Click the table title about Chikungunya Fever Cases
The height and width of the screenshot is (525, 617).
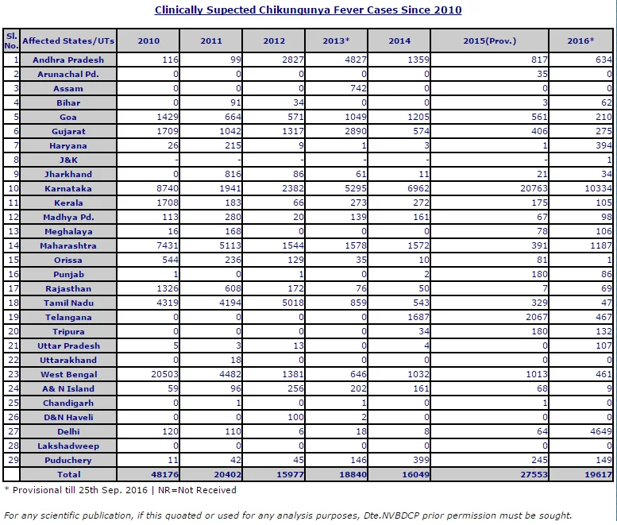tap(308, 10)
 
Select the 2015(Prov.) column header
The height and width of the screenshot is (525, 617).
tap(489, 41)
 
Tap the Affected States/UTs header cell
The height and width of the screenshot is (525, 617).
tap(68, 41)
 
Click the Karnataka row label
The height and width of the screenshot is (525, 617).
tap(68, 188)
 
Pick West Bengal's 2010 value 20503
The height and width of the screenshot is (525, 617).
tap(165, 374)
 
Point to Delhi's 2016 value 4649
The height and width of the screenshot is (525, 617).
tap(601, 431)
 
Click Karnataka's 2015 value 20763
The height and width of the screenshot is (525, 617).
tap(534, 188)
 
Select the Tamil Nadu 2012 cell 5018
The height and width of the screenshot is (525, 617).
tap(293, 303)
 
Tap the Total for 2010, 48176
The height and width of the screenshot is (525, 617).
tap(165, 474)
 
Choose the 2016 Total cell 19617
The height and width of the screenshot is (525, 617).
tap(599, 474)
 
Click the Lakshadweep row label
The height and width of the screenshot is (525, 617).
tap(68, 446)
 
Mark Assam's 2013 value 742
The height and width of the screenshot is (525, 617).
tap(358, 88)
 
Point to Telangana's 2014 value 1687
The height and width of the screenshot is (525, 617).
tap(418, 317)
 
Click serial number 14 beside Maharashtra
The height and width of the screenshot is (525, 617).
tap(13, 245)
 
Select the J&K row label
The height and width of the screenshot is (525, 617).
tap(68, 160)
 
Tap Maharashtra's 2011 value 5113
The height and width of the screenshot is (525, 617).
tap(230, 245)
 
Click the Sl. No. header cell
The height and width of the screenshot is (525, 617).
tap(11, 41)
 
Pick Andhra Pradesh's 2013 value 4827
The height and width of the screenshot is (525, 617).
tap(355, 60)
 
